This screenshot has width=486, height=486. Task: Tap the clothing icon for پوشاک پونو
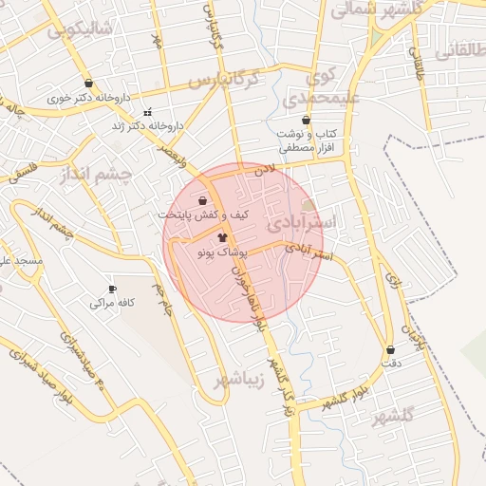[222, 238]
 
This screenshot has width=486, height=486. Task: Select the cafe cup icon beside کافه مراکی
[113, 290]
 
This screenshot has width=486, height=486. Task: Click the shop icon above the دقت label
[390, 349]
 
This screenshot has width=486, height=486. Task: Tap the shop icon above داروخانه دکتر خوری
[88, 84]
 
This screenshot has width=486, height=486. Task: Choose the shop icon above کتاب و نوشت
[306, 121]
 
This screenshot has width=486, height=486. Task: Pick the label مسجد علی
[19, 259]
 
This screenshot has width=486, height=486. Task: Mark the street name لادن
[264, 170]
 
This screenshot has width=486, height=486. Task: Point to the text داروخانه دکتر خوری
[89, 98]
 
